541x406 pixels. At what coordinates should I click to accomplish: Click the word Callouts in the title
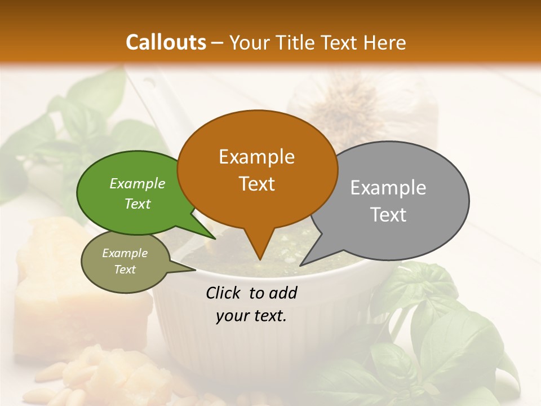[166, 42]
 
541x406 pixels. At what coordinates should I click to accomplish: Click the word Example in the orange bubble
[256, 157]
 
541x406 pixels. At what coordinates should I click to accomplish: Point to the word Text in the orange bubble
[256, 184]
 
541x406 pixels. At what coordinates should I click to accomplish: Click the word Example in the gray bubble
[388, 188]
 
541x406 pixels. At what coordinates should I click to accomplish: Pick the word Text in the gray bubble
[388, 215]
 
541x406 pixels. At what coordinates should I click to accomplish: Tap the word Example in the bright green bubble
[138, 183]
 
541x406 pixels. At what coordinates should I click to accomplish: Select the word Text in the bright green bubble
[138, 204]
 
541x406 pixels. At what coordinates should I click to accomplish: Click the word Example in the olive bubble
[125, 253]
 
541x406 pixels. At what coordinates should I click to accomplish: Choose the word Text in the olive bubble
[125, 270]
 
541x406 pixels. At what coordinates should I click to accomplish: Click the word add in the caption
[283, 293]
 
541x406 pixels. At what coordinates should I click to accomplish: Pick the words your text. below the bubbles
[251, 316]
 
